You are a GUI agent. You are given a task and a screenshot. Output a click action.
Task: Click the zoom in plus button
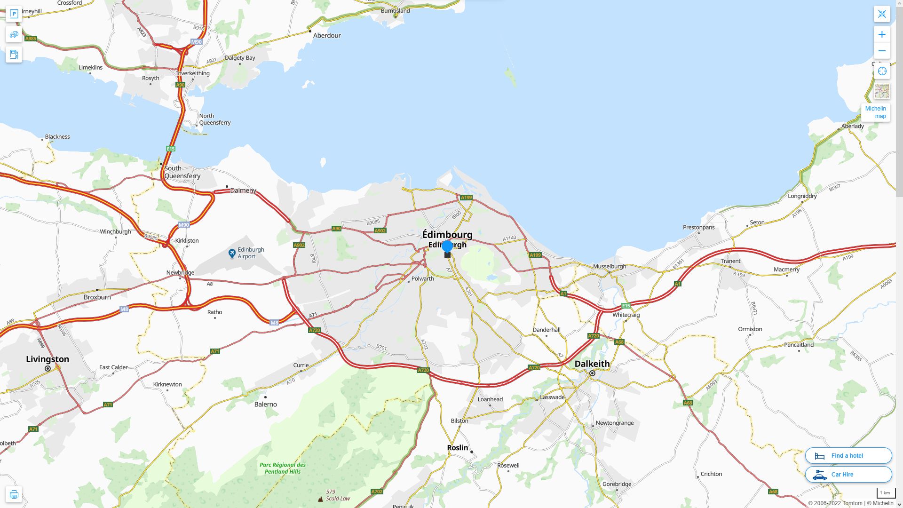click(x=882, y=34)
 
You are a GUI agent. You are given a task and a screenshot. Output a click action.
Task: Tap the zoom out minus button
click(x=882, y=51)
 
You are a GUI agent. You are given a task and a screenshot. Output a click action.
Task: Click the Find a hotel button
click(x=848, y=455)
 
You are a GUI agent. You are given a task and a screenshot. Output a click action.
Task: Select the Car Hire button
click(x=848, y=474)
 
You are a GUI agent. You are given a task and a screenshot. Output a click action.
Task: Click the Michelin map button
click(x=875, y=112)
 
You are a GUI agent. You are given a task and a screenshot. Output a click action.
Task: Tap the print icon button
click(x=14, y=494)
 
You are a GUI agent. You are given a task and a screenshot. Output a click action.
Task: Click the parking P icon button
click(x=14, y=14)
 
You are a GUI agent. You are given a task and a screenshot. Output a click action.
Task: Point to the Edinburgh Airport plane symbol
click(x=232, y=253)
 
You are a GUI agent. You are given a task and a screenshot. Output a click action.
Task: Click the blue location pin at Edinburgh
click(x=447, y=246)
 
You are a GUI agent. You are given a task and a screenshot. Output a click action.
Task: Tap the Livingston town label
click(x=48, y=359)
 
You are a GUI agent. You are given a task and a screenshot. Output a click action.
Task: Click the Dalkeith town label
click(x=592, y=364)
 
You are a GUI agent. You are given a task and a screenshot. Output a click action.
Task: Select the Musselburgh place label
click(x=610, y=266)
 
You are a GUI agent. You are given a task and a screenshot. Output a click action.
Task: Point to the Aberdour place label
click(x=327, y=35)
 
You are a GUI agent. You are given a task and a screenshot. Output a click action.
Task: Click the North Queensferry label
click(x=215, y=119)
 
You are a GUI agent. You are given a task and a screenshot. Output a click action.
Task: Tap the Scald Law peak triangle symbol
click(x=320, y=499)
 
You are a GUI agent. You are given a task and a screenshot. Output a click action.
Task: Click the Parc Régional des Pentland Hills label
click(x=283, y=468)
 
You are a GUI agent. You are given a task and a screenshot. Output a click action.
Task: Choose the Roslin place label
click(x=458, y=447)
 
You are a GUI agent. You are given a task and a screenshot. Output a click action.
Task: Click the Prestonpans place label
click(x=698, y=227)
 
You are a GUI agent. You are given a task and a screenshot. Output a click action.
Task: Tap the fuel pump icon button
click(x=14, y=55)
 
